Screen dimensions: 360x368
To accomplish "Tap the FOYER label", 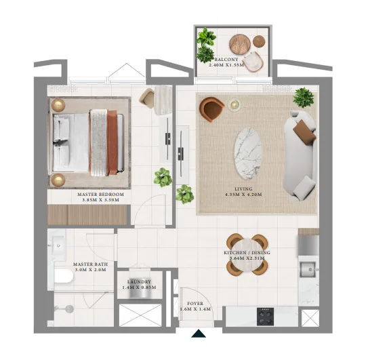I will click(x=195, y=302).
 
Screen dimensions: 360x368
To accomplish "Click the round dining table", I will click(x=247, y=254).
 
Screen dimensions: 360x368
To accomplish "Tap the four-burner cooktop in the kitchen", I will click(x=264, y=317).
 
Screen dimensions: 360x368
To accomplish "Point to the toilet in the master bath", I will click(x=64, y=277).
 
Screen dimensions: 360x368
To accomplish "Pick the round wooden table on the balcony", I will click(x=240, y=43).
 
